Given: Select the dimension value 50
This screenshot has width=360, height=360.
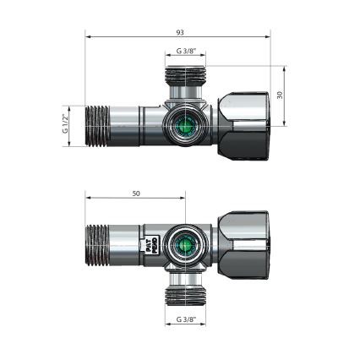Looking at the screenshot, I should (x=135, y=194).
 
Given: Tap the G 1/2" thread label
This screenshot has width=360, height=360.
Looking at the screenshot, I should (x=65, y=125).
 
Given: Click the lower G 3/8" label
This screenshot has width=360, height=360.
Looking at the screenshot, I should (x=185, y=319).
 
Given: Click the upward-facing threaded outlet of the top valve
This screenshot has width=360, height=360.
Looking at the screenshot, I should (x=184, y=82).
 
